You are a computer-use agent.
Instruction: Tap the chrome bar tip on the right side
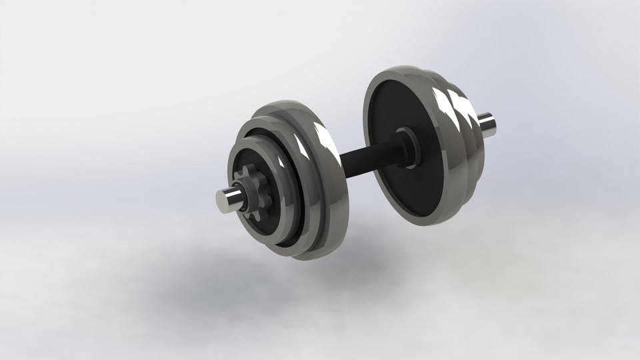point(487,125)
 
